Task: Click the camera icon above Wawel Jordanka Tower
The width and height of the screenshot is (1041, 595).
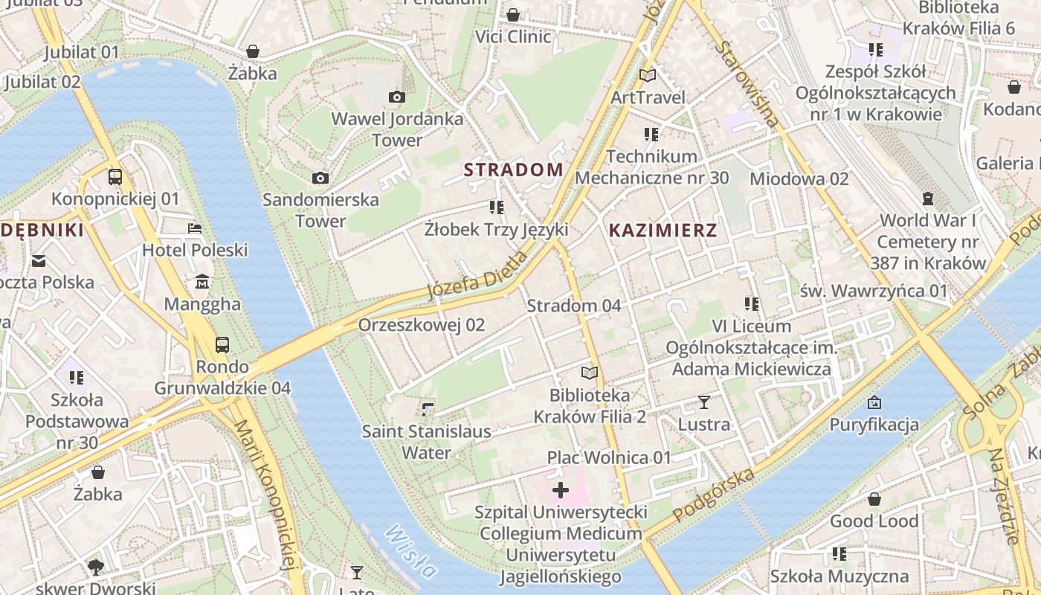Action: pyautogui.click(x=397, y=97)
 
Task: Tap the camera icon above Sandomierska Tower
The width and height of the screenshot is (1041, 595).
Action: pyautogui.click(x=320, y=178)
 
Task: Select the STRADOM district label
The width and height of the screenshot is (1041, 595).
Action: pyautogui.click(x=514, y=170)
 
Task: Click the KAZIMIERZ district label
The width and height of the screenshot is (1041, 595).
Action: pyautogui.click(x=663, y=230)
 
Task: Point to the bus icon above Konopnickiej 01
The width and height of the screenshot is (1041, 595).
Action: pyautogui.click(x=115, y=177)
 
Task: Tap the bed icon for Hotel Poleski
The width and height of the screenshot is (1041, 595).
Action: pyautogui.click(x=195, y=228)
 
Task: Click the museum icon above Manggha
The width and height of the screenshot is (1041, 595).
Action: pyautogui.click(x=202, y=282)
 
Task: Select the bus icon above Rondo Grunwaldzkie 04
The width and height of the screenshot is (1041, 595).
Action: pyautogui.click(x=222, y=344)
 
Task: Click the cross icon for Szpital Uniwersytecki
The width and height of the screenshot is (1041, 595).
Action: pyautogui.click(x=561, y=490)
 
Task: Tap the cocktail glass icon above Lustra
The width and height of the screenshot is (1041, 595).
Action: pyautogui.click(x=704, y=402)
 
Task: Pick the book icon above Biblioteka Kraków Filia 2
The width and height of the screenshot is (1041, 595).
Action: pyautogui.click(x=590, y=373)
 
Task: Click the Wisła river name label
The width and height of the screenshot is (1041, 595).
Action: pyautogui.click(x=411, y=551)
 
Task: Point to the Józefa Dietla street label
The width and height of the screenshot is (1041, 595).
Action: pyautogui.click(x=477, y=275)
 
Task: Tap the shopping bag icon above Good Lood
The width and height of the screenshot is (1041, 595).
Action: pyautogui.click(x=874, y=499)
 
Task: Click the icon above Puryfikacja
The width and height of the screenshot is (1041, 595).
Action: pyautogui.click(x=874, y=402)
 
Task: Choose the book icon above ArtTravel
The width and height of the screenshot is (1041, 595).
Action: pyautogui.click(x=648, y=75)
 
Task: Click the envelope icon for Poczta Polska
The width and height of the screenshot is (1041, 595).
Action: pyautogui.click(x=39, y=260)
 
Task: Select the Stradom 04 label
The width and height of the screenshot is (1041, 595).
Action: pyautogui.click(x=574, y=306)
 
